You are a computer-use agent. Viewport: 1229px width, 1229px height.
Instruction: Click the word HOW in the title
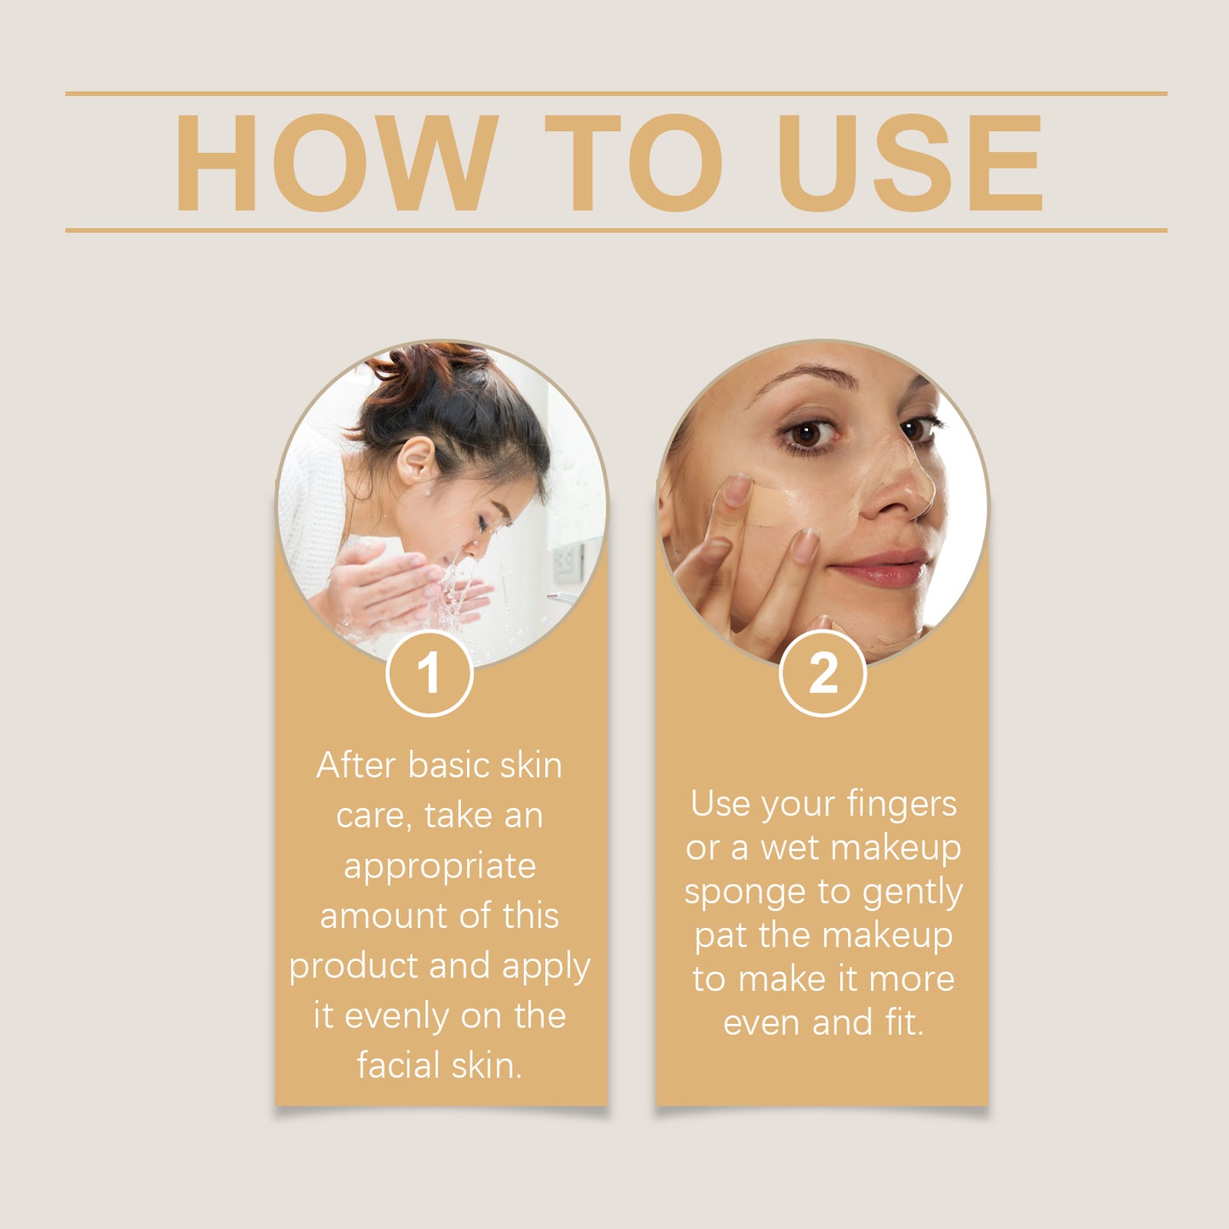coord(335,162)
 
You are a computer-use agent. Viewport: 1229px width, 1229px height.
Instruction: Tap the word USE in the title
coord(909,162)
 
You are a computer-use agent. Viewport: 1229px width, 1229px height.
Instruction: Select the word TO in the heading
coord(633,162)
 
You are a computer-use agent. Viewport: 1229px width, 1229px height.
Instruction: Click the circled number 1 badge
coord(430,674)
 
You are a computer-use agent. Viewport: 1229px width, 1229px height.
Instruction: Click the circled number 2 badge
coord(822,674)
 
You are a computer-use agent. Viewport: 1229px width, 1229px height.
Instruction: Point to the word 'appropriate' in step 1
coord(440,867)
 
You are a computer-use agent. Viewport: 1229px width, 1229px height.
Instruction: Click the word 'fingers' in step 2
coord(902,805)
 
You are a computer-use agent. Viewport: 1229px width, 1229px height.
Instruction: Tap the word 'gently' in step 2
coord(912,893)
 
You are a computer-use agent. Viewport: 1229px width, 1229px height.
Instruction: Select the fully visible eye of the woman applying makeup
coord(807,434)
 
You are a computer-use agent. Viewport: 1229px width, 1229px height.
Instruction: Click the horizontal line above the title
coord(616,94)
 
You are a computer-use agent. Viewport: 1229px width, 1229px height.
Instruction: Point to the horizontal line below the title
coord(616,230)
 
